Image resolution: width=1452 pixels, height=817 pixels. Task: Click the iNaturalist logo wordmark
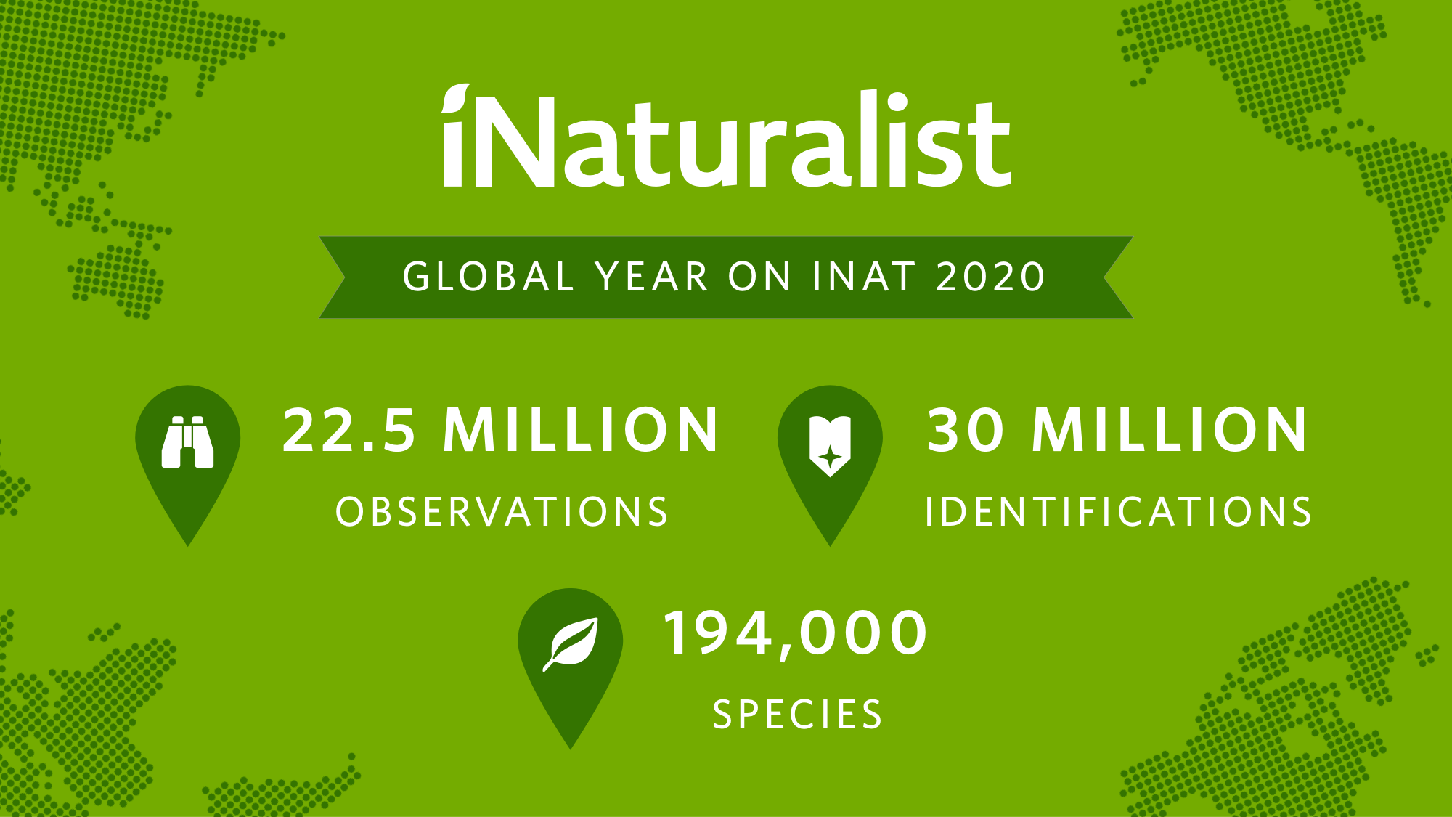726,136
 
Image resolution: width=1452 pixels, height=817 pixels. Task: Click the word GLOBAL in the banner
489,277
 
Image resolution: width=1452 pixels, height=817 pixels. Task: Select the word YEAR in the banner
651,277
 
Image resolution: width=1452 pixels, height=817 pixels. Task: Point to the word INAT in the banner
864,277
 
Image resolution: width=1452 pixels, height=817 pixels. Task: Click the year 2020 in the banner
990,277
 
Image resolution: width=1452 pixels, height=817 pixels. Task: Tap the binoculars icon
187,442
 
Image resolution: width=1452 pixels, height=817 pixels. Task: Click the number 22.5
349,430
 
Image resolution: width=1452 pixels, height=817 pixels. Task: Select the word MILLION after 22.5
581,430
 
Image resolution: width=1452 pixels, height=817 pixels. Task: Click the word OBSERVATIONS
502,512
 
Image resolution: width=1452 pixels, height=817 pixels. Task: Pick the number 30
966,430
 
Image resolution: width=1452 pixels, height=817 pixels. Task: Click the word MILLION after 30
1170,430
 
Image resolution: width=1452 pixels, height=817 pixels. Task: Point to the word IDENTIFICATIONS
1118,512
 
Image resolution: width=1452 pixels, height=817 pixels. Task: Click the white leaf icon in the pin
571,644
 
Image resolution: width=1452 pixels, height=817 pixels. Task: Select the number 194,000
796,634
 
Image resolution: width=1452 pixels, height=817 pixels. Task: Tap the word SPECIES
797,715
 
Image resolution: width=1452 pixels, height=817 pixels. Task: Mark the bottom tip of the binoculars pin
188,546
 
